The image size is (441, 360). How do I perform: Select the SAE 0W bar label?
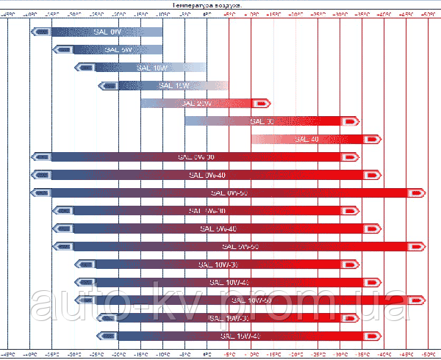click(118, 32)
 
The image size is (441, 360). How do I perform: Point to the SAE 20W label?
click(195, 104)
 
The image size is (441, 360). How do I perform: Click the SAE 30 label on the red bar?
click(262, 121)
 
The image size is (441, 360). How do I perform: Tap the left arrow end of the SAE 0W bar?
click(41, 32)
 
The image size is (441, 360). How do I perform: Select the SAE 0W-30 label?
click(196, 156)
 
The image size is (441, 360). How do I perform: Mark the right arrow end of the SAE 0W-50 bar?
click(417, 192)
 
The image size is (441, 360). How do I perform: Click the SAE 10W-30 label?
click(218, 264)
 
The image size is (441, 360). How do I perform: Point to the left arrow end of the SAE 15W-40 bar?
click(107, 336)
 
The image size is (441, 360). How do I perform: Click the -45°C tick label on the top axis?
click(8, 14)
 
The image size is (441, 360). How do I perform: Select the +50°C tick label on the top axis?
click(429, 14)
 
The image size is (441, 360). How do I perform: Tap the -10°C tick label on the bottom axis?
click(162, 354)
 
